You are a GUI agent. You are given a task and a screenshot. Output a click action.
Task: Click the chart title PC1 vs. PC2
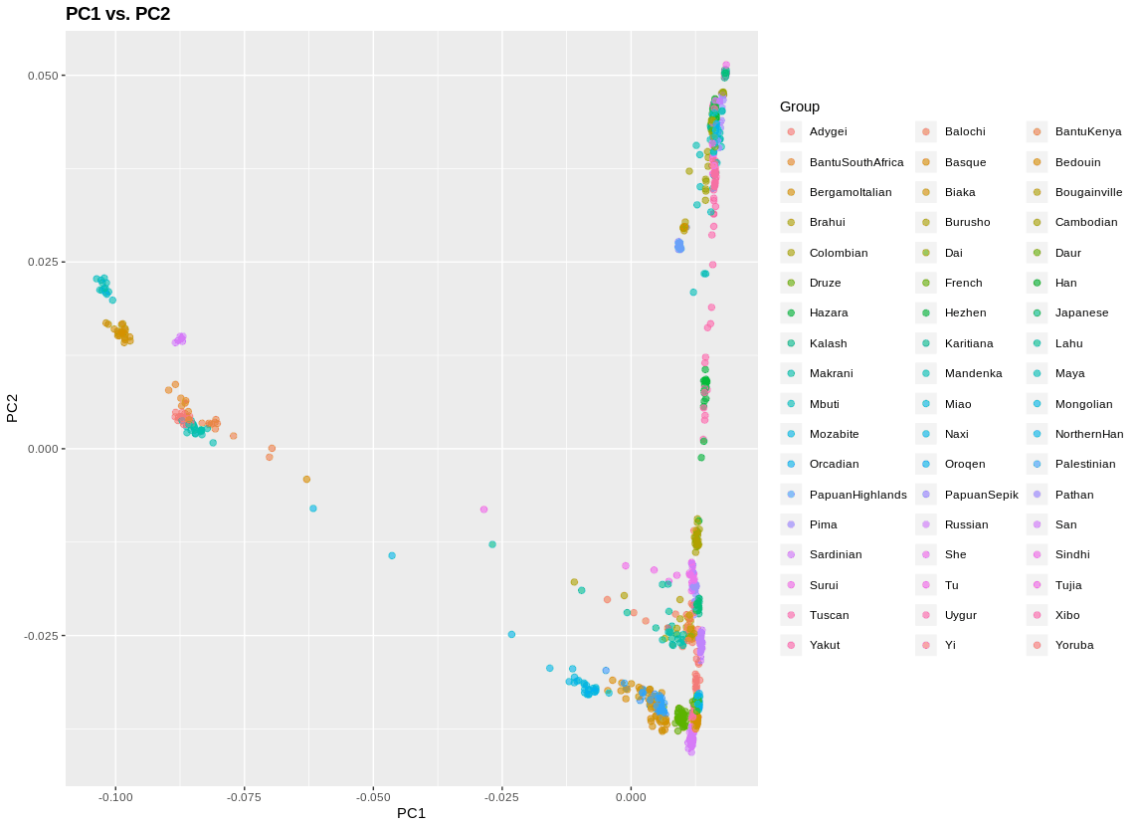click(x=117, y=14)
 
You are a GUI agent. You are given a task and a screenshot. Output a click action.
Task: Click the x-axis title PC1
click(x=411, y=813)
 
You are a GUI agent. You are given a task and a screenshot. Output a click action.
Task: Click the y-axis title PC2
click(x=13, y=408)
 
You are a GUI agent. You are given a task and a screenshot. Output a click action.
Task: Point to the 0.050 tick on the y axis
click(x=45, y=76)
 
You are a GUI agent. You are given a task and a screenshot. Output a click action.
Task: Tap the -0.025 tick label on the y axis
click(x=42, y=636)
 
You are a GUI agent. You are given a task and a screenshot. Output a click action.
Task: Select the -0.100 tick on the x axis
click(x=115, y=796)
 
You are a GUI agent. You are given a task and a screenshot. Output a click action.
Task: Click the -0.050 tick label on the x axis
click(x=373, y=796)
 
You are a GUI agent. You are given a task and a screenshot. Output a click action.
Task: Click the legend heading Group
click(x=800, y=106)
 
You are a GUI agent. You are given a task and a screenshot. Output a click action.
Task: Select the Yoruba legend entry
click(x=1073, y=645)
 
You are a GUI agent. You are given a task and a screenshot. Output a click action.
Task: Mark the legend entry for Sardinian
click(x=835, y=554)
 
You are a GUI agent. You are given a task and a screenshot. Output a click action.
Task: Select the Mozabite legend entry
click(x=833, y=434)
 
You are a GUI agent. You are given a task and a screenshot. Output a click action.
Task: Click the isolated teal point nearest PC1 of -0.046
click(x=392, y=555)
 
